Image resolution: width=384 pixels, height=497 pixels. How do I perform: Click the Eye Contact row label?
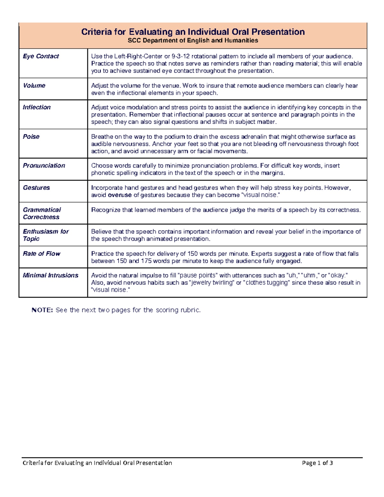click(x=41, y=56)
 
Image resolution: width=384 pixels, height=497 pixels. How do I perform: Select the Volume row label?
click(x=34, y=85)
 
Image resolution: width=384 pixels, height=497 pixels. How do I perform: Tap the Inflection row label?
click(x=36, y=107)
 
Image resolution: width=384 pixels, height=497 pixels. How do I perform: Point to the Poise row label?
click(x=31, y=137)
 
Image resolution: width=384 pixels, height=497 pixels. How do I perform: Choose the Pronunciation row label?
click(x=44, y=165)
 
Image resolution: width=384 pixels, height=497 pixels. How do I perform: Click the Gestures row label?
click(x=36, y=188)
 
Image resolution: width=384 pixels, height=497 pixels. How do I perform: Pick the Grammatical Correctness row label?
click(x=42, y=213)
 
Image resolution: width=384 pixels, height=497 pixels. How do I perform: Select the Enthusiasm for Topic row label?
click(x=45, y=235)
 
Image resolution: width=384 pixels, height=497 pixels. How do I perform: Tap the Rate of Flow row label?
click(x=41, y=253)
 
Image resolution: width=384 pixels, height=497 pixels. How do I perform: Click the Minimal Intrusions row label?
click(x=50, y=275)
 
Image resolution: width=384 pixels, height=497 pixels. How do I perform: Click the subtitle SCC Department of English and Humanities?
click(x=193, y=41)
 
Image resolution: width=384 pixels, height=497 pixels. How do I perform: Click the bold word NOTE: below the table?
click(x=42, y=310)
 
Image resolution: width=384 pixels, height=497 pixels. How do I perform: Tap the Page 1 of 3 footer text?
click(x=317, y=463)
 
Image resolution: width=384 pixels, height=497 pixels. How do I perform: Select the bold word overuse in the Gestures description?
click(x=120, y=195)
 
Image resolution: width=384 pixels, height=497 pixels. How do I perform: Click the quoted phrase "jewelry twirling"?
click(x=212, y=283)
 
